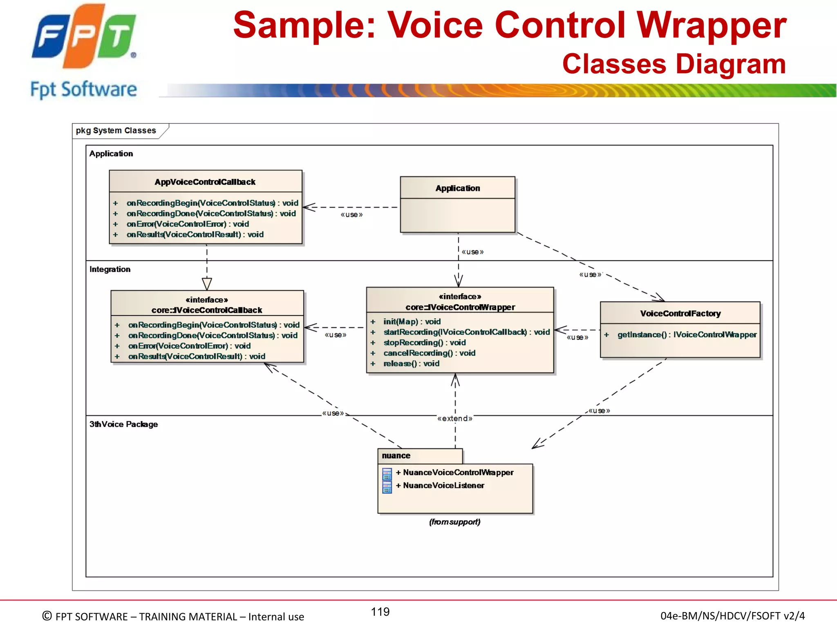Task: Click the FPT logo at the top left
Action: coord(84,37)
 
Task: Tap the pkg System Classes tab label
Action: coord(116,130)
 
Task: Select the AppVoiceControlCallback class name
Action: coord(205,182)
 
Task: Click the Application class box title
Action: coord(457,188)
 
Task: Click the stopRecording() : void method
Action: coord(424,343)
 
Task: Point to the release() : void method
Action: coord(411,363)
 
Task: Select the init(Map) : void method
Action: coord(412,322)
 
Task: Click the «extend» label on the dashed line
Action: coord(454,418)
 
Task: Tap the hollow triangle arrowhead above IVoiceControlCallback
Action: coord(207,283)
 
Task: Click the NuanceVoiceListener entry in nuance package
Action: coord(443,485)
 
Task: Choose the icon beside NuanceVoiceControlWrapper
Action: coord(387,474)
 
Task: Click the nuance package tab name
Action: coord(396,455)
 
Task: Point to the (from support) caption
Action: coord(454,522)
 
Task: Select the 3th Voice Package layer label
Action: coord(123,424)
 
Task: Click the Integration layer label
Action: coord(110,269)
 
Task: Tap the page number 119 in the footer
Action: coord(380,612)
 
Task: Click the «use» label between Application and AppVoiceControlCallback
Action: coord(351,215)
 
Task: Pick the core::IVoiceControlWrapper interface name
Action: coord(460,307)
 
